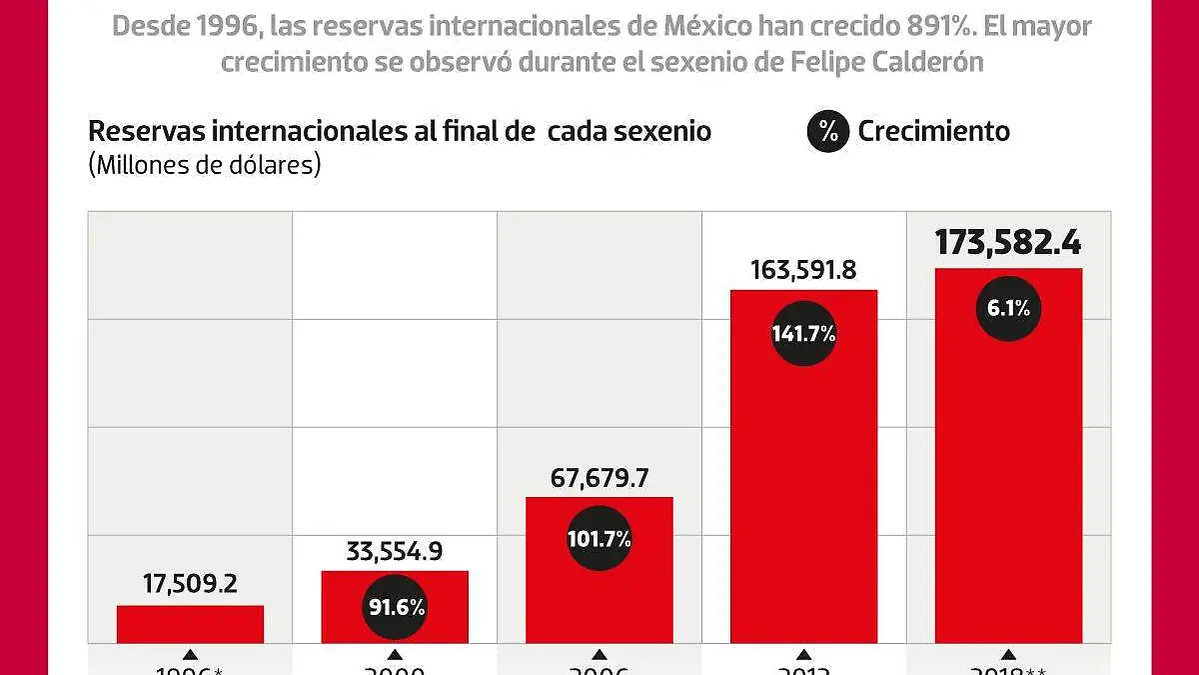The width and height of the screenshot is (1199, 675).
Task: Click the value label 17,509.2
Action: point(190,584)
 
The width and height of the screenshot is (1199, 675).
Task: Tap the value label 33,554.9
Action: point(394,550)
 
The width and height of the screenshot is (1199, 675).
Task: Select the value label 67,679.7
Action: point(599,477)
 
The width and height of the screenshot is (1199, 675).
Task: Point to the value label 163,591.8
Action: point(803,269)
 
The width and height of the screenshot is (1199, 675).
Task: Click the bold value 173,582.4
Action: point(1008,242)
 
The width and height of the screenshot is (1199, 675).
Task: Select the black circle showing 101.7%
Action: point(599,539)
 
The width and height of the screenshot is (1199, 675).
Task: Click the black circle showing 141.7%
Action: point(803,334)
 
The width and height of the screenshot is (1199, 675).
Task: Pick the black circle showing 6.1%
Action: point(1008,309)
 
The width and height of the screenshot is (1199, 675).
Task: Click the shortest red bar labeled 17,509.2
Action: point(190,624)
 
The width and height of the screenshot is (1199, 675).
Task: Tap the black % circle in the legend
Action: point(827,131)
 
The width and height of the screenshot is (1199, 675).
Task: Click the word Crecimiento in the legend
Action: point(933,131)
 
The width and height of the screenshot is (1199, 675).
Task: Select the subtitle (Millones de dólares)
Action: point(204,165)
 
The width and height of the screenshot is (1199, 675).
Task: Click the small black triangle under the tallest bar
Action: point(1008,653)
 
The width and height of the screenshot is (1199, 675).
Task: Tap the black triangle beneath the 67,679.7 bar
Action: point(599,653)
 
